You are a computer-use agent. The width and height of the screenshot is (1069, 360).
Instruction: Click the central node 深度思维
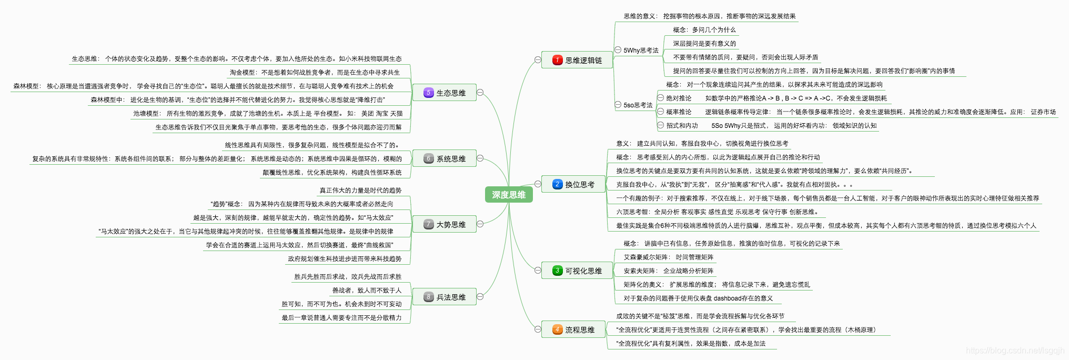(x=509, y=195)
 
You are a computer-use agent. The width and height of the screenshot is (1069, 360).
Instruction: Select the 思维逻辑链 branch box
(x=577, y=60)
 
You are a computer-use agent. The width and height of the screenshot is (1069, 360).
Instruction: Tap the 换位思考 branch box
(x=573, y=184)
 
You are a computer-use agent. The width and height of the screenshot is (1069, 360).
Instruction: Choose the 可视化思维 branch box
(x=577, y=271)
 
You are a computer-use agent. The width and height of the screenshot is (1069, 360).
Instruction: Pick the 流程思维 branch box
(x=573, y=329)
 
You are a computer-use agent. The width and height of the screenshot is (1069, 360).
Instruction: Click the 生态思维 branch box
(x=445, y=93)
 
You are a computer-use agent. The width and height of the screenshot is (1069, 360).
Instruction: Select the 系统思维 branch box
(x=445, y=158)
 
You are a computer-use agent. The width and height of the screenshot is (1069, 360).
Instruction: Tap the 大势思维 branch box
(x=445, y=224)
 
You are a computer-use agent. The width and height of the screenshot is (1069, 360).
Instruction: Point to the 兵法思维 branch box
(x=445, y=297)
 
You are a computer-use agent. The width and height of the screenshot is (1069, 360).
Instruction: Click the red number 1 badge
(x=558, y=60)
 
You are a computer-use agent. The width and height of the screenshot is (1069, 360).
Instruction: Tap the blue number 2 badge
(x=558, y=184)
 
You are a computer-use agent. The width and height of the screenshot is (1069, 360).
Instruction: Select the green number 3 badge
(x=558, y=271)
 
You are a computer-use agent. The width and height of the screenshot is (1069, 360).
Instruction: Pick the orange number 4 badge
(x=558, y=329)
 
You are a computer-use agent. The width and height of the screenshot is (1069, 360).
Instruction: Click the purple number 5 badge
(x=429, y=93)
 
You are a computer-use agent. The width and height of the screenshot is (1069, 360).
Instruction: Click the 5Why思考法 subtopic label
(x=641, y=51)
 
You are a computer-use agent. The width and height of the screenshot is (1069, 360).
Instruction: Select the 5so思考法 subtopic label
(x=638, y=105)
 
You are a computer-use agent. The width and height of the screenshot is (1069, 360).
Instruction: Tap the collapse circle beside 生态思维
(x=480, y=93)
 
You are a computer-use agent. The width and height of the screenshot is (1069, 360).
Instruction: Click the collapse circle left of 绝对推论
(x=661, y=98)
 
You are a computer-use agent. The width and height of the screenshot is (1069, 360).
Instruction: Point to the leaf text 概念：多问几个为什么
(x=704, y=30)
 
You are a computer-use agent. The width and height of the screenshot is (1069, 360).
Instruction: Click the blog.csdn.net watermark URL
(x=1015, y=351)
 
